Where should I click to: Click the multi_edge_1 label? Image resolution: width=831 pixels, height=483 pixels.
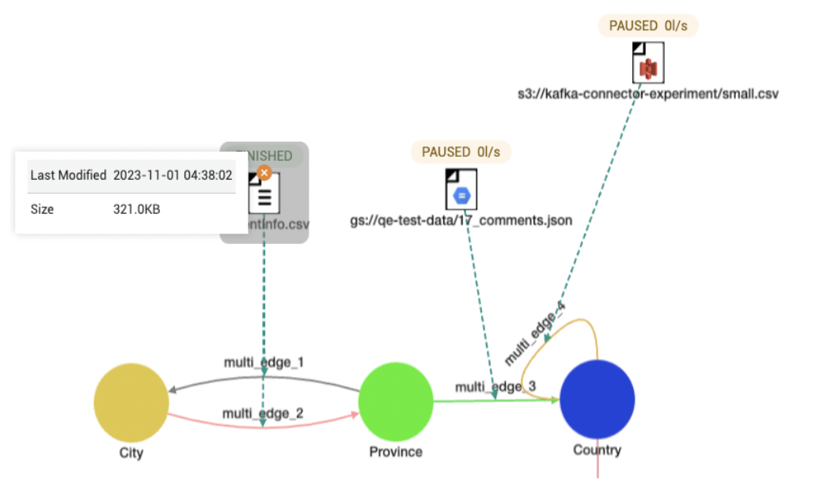tap(264, 362)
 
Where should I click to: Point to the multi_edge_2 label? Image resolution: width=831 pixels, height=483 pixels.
tap(263, 413)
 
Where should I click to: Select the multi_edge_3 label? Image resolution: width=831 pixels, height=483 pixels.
tap(495, 386)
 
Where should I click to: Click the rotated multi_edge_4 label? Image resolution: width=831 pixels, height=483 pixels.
tap(536, 333)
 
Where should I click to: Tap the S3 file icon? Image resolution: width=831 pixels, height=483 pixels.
tap(648, 63)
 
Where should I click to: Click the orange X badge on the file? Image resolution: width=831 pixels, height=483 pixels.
tap(264, 172)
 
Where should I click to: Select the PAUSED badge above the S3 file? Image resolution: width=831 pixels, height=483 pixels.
tap(648, 25)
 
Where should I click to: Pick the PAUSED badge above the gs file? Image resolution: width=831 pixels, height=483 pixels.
tap(461, 152)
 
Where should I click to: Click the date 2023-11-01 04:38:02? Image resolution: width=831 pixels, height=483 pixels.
tap(173, 175)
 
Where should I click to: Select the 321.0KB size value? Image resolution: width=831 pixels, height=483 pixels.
tap(137, 210)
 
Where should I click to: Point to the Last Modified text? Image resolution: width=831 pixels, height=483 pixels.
tap(68, 175)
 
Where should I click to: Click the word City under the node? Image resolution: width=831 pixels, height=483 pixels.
tap(131, 452)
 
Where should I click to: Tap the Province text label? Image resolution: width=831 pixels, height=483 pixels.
tap(396, 452)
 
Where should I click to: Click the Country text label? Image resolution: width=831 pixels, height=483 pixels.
tap(597, 451)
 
